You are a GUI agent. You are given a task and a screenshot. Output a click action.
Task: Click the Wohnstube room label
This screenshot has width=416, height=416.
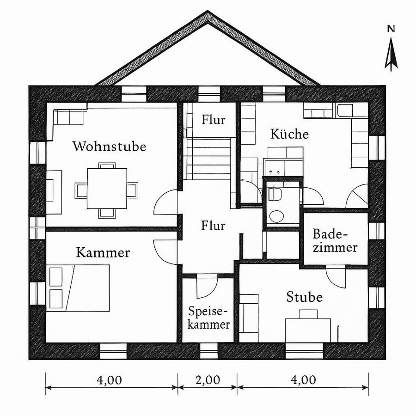pos(109,147)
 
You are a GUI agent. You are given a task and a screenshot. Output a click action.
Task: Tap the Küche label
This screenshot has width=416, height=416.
pos(289,135)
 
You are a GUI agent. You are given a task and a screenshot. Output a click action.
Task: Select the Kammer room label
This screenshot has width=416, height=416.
pos(103,253)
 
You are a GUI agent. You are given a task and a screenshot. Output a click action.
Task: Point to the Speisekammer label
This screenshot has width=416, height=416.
pos(209,317)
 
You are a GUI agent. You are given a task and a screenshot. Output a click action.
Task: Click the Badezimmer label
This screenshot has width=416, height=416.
pos(335,240)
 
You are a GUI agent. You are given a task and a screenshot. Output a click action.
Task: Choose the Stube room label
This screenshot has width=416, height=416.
pos(304,297)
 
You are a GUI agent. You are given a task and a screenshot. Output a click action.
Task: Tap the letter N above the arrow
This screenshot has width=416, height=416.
pos(391,29)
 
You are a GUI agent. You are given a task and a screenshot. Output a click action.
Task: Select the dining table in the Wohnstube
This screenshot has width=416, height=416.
pos(107,189)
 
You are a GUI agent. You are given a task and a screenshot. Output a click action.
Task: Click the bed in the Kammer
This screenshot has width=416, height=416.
pos(79,288)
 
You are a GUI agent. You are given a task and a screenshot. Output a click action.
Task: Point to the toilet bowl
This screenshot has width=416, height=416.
pos(277,216)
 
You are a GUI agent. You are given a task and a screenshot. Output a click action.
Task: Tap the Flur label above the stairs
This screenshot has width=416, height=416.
pos(214,120)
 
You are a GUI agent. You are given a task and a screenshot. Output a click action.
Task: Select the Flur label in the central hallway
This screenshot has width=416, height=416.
pos(213,226)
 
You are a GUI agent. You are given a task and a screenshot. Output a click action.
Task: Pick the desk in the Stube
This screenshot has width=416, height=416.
pos(308,329)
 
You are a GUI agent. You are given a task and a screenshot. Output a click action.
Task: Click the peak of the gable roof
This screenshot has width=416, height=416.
pos(208,13)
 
